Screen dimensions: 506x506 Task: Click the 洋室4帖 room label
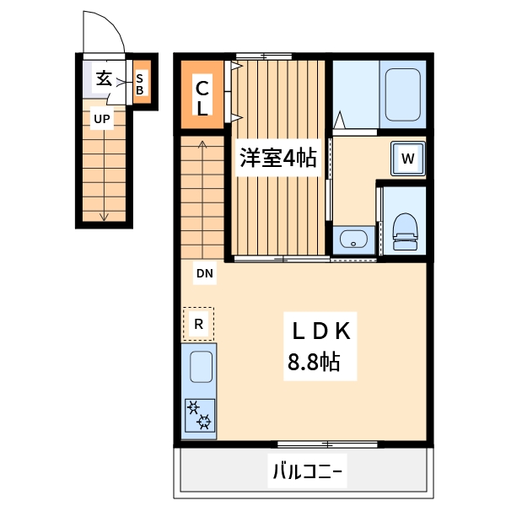277,158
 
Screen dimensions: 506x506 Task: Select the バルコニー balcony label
307,470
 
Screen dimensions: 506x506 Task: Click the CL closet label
203,97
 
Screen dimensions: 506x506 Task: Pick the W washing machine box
407,159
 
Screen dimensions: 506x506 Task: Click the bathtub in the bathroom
402,95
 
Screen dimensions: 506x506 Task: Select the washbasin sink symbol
352,240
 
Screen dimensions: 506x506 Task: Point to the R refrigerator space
199,323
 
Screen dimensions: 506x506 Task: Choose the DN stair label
204,273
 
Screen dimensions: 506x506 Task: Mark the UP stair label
101,119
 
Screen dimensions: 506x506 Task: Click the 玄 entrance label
104,78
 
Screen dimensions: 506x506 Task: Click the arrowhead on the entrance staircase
104,218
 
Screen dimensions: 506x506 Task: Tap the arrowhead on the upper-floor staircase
202,144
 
